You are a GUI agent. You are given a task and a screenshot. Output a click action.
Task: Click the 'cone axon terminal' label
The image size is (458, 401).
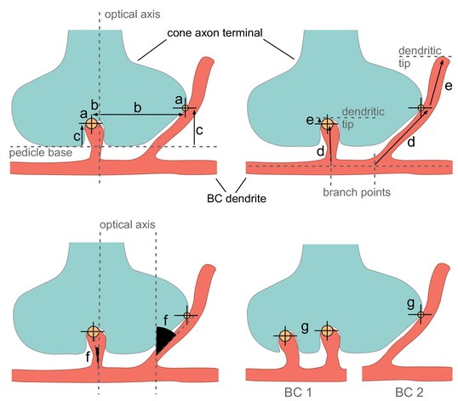[x=215, y=33]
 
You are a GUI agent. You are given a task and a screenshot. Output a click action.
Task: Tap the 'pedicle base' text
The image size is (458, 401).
[x=41, y=153]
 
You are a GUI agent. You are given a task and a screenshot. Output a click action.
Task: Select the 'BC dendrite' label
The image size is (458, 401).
[x=237, y=199]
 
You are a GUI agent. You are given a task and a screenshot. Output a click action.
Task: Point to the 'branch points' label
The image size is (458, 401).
[x=357, y=192]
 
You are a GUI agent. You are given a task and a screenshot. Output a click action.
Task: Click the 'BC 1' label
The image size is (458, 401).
[x=298, y=393]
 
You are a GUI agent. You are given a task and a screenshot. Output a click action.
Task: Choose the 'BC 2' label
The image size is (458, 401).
[x=409, y=393]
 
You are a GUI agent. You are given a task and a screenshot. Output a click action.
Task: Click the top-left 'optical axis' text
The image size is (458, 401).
[x=132, y=14]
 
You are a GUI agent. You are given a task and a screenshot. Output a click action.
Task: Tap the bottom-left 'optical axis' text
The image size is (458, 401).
[x=128, y=224]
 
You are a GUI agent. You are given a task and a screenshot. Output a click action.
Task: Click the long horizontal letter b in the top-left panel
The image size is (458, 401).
[x=138, y=108]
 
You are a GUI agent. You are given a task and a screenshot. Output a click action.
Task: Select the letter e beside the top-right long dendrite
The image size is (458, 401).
[x=449, y=86]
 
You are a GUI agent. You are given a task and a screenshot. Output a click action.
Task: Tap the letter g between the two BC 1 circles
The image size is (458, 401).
[x=305, y=328]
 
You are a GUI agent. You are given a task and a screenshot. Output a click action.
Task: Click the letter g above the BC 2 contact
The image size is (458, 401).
[x=410, y=303]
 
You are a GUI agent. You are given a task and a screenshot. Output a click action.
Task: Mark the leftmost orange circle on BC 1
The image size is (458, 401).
[x=285, y=336]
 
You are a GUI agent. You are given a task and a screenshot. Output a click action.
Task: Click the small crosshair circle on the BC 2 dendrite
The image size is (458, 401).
[x=421, y=314]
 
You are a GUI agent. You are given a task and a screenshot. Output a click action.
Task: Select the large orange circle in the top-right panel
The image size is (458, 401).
[x=327, y=124]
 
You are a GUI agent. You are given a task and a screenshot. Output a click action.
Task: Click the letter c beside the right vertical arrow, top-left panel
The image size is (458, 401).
[x=199, y=130]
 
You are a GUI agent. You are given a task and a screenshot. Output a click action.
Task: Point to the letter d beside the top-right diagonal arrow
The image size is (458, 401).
[x=411, y=142]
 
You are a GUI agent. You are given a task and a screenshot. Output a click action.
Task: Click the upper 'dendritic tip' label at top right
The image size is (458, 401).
[x=420, y=57]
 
